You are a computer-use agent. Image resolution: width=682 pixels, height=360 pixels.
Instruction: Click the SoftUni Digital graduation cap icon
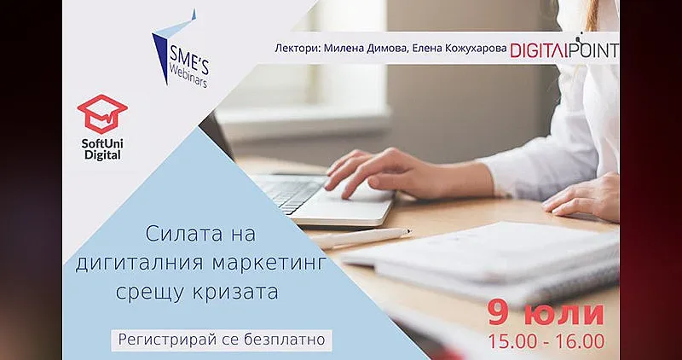[101, 113]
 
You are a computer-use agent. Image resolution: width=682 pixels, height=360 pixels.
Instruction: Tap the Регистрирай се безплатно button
[222, 339]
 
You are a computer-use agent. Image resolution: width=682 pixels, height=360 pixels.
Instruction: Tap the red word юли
[563, 313]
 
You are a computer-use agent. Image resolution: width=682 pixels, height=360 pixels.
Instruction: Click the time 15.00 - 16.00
[546, 341]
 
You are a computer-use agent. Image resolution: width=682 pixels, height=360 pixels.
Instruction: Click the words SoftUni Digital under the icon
[101, 148]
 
